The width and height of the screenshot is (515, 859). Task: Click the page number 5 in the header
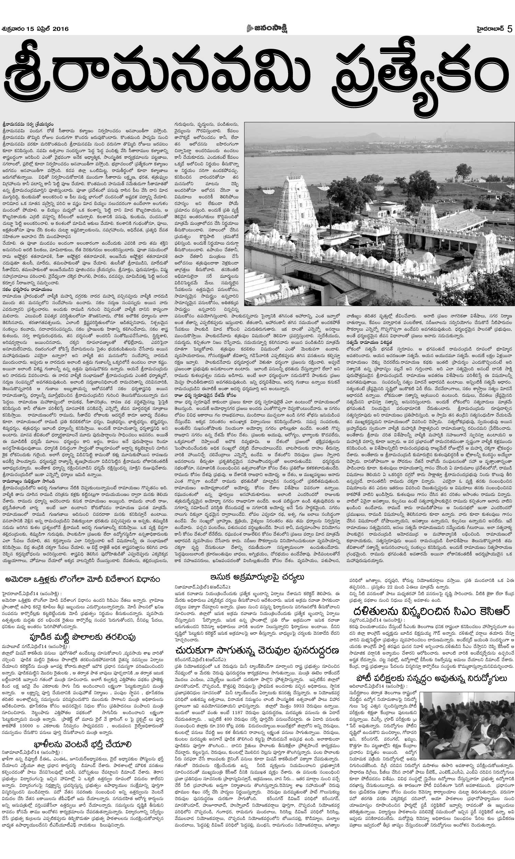pyautogui.click(x=510, y=29)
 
